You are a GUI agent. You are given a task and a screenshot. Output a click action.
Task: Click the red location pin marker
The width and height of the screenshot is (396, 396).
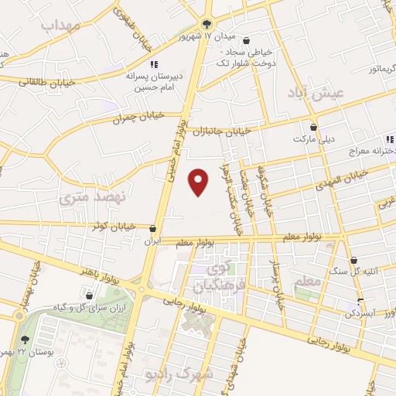coord(200,182)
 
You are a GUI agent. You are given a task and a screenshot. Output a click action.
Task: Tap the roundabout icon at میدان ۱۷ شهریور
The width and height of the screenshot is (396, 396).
coord(206,23)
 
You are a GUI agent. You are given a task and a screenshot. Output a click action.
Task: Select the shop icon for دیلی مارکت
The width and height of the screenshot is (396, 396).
coord(313,127)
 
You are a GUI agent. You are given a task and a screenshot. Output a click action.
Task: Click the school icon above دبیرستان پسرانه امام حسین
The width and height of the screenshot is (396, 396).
coord(153,63)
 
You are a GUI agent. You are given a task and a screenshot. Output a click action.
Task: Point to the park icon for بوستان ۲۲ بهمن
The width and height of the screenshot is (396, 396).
coord(27,340)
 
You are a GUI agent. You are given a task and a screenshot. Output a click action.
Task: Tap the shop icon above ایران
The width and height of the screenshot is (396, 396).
coord(155,229)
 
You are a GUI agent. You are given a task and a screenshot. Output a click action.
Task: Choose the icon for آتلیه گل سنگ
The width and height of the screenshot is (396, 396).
coord(354,260)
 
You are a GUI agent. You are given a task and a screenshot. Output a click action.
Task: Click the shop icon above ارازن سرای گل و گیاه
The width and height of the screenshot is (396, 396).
coord(90,295)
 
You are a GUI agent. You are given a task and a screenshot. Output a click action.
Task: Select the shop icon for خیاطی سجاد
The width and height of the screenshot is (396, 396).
coord(246,41)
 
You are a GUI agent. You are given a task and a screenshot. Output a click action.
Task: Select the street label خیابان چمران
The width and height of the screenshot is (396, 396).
coord(138,116)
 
